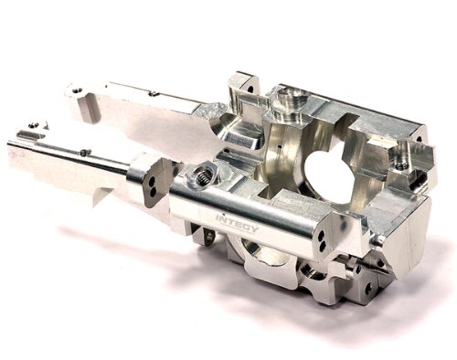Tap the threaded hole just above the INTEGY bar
[x=202, y=173]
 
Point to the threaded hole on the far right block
[x=399, y=161]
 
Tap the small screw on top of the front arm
[x=85, y=153]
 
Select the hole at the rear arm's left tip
[x=77, y=90]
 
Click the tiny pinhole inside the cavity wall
[x=274, y=146]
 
